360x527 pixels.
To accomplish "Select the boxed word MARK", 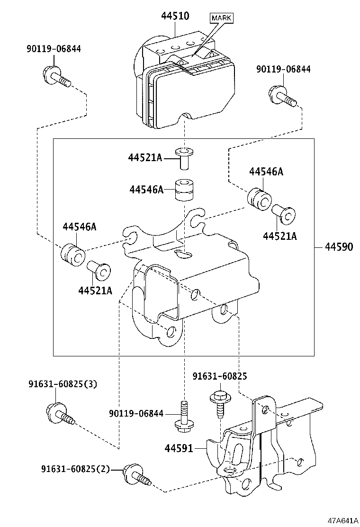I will (221, 18).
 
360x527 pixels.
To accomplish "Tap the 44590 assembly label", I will (339, 247).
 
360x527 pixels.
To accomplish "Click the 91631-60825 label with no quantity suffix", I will (220, 376).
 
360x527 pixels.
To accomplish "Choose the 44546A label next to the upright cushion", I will (146, 190).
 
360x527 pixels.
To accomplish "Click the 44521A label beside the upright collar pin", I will (144, 158).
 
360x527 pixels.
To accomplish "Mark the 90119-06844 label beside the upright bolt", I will (135, 414).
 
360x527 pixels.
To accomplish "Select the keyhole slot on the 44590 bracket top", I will (183, 254).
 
